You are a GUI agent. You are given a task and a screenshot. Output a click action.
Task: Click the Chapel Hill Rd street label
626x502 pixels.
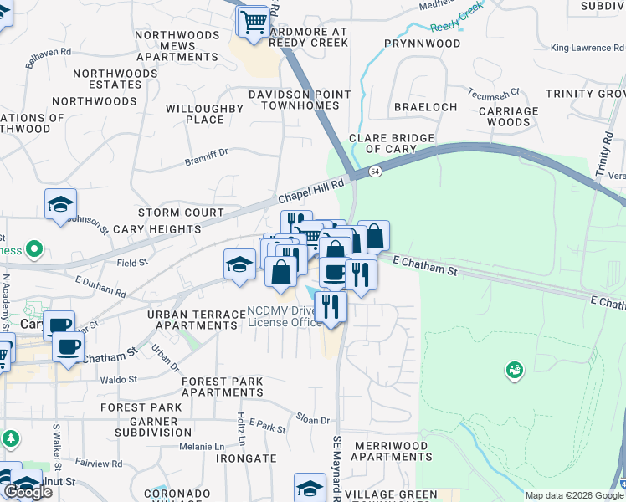(x=312, y=192)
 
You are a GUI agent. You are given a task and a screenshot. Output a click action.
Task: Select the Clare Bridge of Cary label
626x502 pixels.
(x=392, y=143)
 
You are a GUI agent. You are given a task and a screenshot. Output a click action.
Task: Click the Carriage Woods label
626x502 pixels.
(x=508, y=116)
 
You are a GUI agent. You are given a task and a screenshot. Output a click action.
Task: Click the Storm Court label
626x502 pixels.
(x=182, y=213)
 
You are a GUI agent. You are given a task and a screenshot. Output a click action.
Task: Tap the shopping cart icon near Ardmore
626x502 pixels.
(x=254, y=20)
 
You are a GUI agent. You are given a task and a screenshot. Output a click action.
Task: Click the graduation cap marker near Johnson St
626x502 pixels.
(x=61, y=203)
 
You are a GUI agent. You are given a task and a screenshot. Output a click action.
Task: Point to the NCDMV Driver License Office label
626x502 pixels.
(x=285, y=317)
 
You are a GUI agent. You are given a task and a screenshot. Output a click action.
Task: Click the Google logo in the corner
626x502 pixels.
(x=28, y=491)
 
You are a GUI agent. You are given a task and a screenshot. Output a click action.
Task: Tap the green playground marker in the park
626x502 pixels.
(x=515, y=368)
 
